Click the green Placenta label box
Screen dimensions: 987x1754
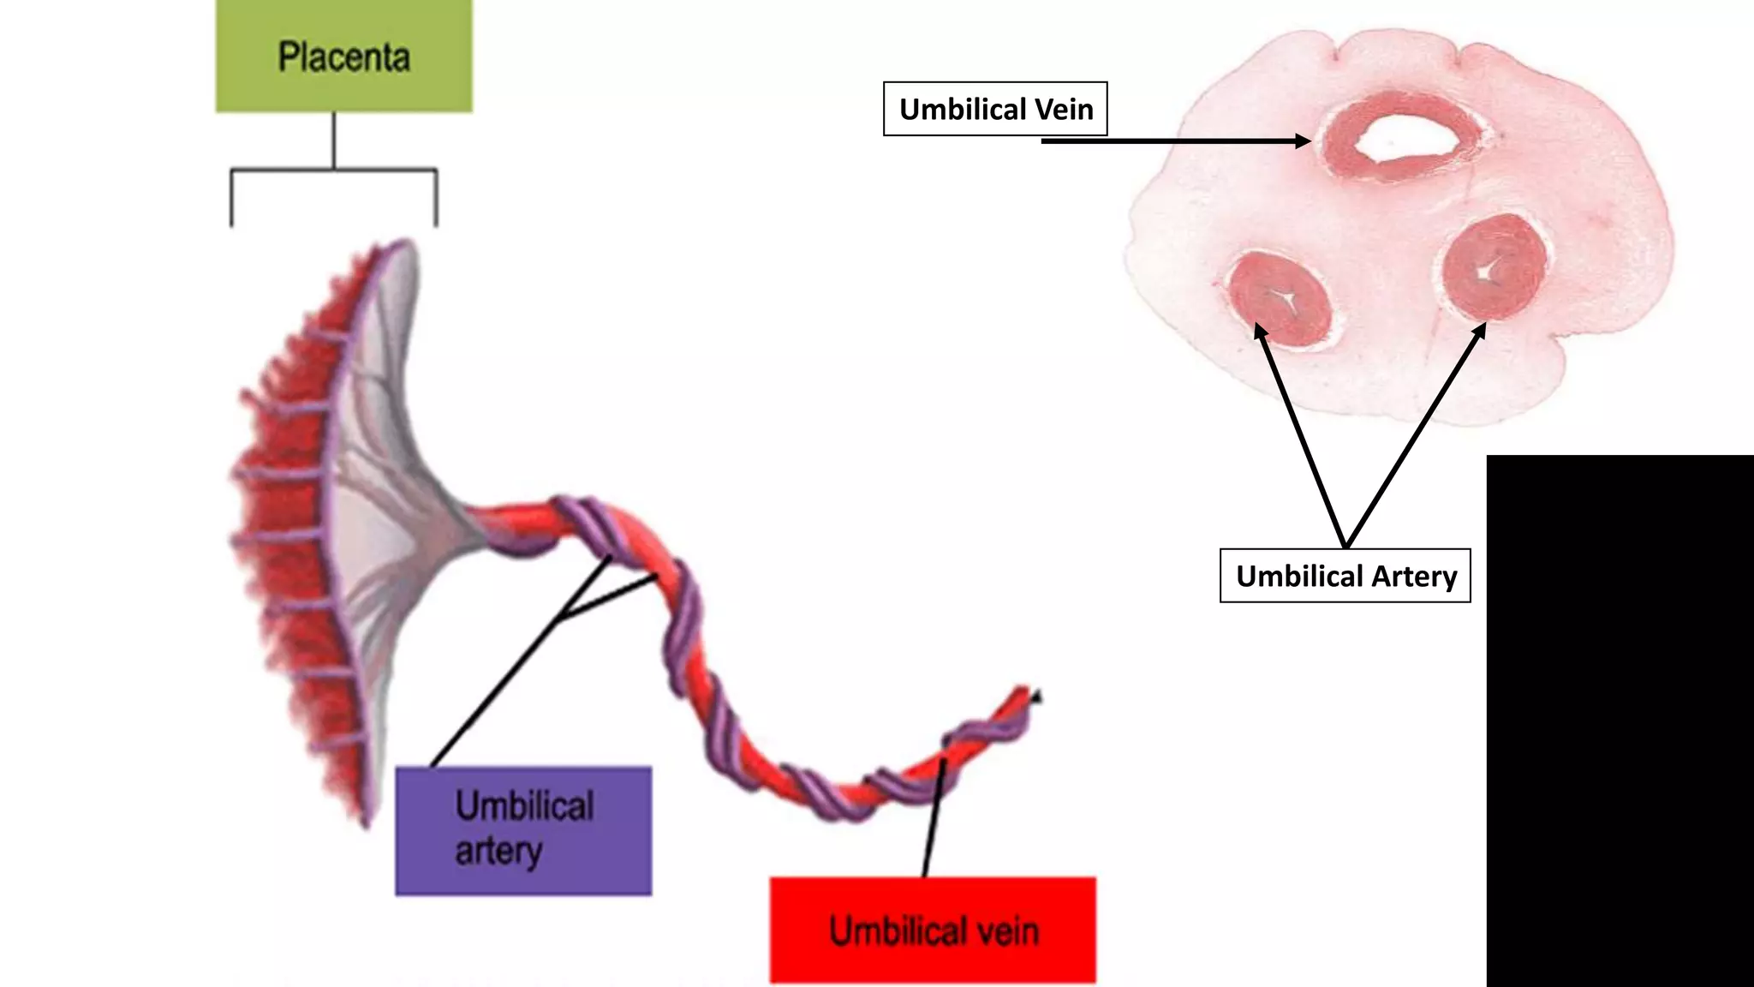(x=343, y=57)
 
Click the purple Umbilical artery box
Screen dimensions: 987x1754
(x=523, y=830)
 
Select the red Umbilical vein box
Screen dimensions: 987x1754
(x=933, y=930)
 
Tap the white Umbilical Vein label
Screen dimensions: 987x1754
(x=995, y=109)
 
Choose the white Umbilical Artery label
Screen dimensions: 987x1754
(x=1345, y=576)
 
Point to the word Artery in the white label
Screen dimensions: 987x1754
(x=1414, y=576)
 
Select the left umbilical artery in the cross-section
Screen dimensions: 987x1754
(x=1280, y=298)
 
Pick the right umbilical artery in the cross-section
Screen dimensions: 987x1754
(x=1494, y=267)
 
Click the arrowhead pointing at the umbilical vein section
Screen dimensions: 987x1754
(x=1304, y=141)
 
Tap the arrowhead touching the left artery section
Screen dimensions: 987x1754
(x=1259, y=331)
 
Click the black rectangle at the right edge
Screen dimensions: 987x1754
(x=1620, y=720)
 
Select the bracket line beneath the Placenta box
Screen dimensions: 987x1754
(x=334, y=170)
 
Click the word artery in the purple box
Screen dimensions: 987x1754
(x=498, y=852)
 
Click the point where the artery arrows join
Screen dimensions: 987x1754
(x=1345, y=546)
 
